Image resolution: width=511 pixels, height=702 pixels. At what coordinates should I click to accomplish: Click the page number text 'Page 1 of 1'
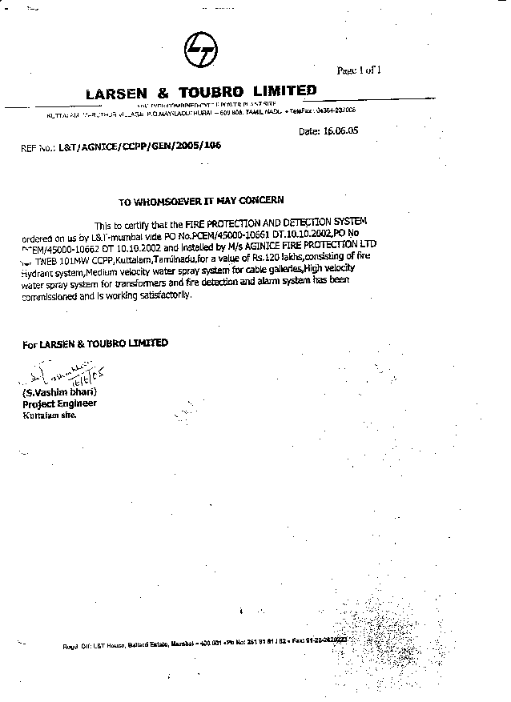pyautogui.click(x=360, y=70)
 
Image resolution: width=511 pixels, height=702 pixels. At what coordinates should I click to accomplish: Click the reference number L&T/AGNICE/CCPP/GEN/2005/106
pyautogui.click(x=139, y=146)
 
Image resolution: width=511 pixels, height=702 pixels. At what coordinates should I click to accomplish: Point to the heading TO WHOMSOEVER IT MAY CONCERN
pyautogui.click(x=200, y=201)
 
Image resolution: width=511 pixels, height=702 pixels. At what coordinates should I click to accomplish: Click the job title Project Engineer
pyautogui.click(x=59, y=403)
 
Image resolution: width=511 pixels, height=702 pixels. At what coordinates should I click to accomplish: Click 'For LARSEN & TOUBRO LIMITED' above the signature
pyautogui.click(x=95, y=343)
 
